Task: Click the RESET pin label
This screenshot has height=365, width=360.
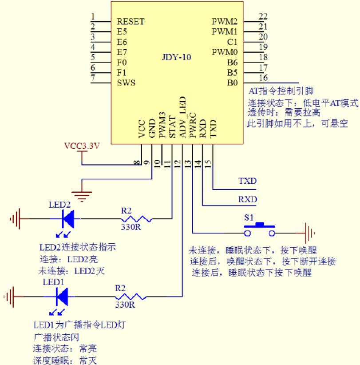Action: click(131, 21)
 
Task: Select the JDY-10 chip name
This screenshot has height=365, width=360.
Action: click(177, 57)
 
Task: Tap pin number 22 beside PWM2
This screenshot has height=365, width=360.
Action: click(263, 16)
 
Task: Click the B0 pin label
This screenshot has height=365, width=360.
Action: click(233, 83)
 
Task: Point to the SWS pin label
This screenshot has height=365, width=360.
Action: click(126, 83)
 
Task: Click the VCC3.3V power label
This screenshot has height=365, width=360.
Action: click(82, 146)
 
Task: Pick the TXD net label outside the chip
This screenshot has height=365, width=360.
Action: click(247, 181)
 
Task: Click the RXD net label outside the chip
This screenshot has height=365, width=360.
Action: click(247, 199)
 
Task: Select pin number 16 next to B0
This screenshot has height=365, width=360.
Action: click(263, 78)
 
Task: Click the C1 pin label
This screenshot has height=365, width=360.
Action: click(233, 42)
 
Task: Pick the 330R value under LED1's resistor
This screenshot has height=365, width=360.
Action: click(125, 305)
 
